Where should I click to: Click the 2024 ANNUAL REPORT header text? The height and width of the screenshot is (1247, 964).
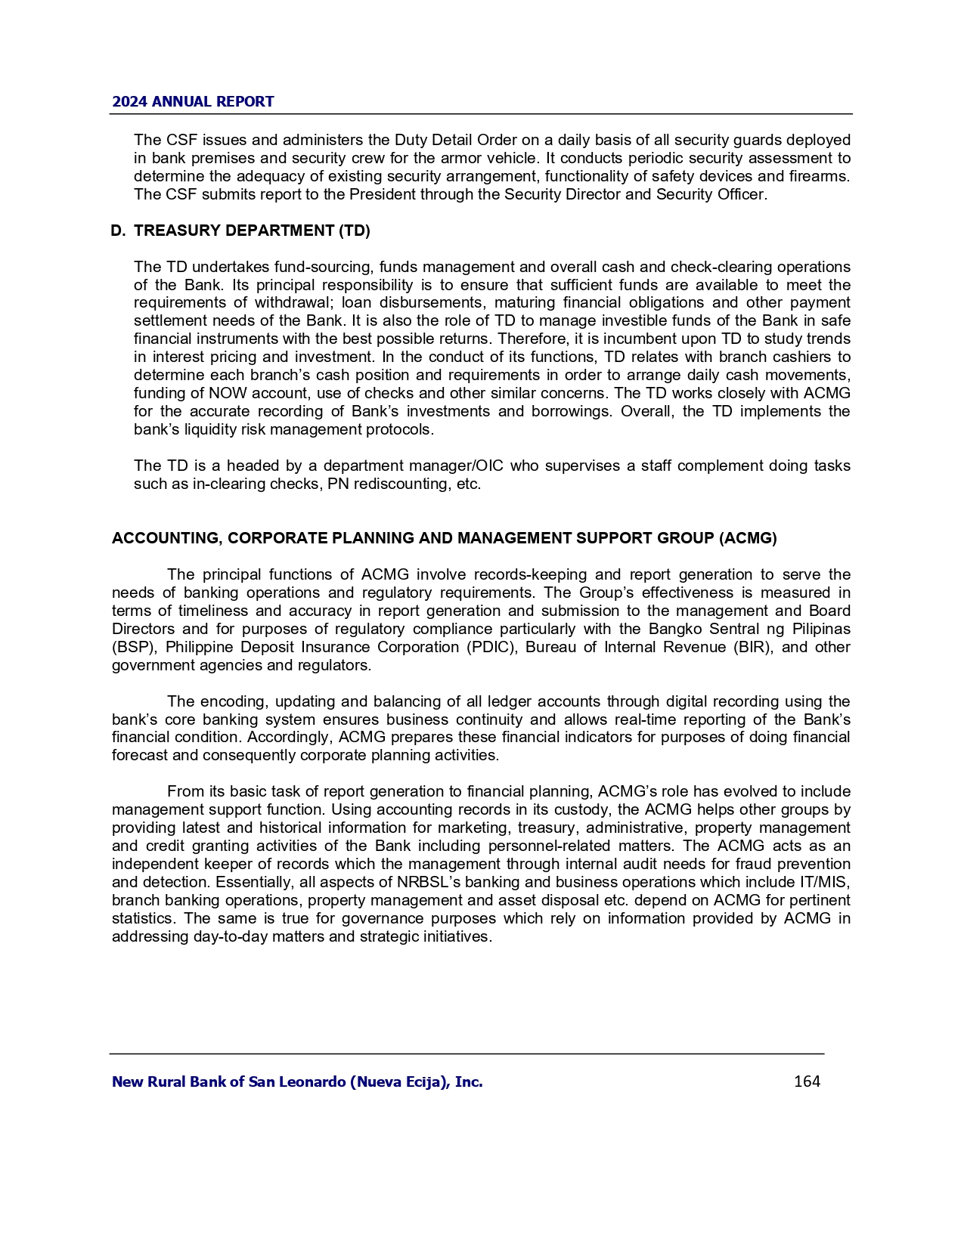(193, 101)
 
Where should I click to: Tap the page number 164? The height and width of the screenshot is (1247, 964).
(807, 1081)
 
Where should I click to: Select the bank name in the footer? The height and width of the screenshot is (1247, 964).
(297, 1081)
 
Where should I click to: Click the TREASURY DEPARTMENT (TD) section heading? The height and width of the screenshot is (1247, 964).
(252, 231)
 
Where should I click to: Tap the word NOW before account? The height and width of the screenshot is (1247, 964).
(227, 393)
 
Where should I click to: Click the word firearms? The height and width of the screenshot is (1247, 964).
(820, 176)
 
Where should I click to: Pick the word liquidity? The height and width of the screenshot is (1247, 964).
(200, 429)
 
